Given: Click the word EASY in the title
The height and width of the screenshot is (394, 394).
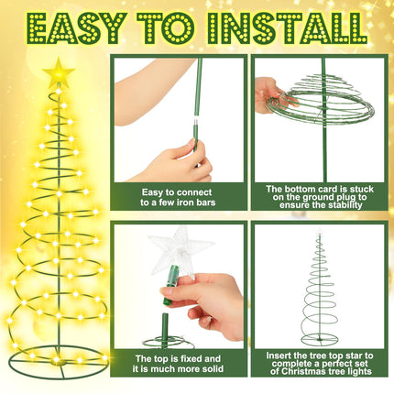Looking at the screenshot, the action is (77, 27).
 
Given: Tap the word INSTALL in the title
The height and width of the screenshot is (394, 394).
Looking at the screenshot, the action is (287, 27).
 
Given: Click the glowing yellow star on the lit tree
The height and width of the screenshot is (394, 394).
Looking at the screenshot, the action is (59, 72).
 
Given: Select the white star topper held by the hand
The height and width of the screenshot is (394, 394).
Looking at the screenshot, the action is (181, 248).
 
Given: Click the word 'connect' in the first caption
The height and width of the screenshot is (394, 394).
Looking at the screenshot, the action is (194, 192).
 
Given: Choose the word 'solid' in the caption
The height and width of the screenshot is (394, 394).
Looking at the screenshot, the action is (213, 368).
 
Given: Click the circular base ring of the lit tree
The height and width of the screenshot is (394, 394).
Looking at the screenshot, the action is (58, 363).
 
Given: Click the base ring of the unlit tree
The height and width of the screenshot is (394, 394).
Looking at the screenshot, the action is (320, 340).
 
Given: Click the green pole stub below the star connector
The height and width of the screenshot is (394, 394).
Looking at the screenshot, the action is (165, 330).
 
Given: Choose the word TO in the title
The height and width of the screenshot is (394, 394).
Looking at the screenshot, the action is (165, 27).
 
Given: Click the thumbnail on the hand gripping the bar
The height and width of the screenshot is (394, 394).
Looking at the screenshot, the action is (191, 142).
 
